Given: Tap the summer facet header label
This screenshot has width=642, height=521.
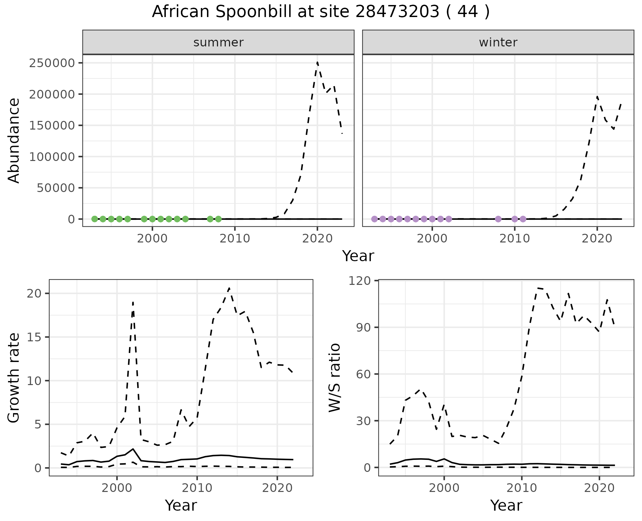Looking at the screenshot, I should (218, 42).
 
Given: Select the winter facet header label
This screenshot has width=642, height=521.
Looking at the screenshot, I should (498, 42).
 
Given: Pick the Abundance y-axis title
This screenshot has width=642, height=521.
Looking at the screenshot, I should (14, 140).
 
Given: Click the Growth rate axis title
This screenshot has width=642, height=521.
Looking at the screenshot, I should (14, 378).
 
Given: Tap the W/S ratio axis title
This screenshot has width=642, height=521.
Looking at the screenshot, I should (335, 378).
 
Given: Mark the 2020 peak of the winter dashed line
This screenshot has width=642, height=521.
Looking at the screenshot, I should (597, 97).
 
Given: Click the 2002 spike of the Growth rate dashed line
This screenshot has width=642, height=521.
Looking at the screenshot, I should (133, 303).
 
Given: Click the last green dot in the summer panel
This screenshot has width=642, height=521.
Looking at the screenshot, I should (218, 219).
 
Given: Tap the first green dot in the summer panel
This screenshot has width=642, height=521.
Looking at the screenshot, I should (95, 219).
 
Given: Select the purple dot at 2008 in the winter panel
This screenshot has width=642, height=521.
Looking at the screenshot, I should (498, 219).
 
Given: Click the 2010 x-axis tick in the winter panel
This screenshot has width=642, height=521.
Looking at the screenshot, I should (515, 238).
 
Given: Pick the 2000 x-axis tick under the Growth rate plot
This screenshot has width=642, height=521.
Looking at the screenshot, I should (117, 488).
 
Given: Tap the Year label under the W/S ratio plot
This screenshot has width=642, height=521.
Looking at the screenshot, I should (506, 505).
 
